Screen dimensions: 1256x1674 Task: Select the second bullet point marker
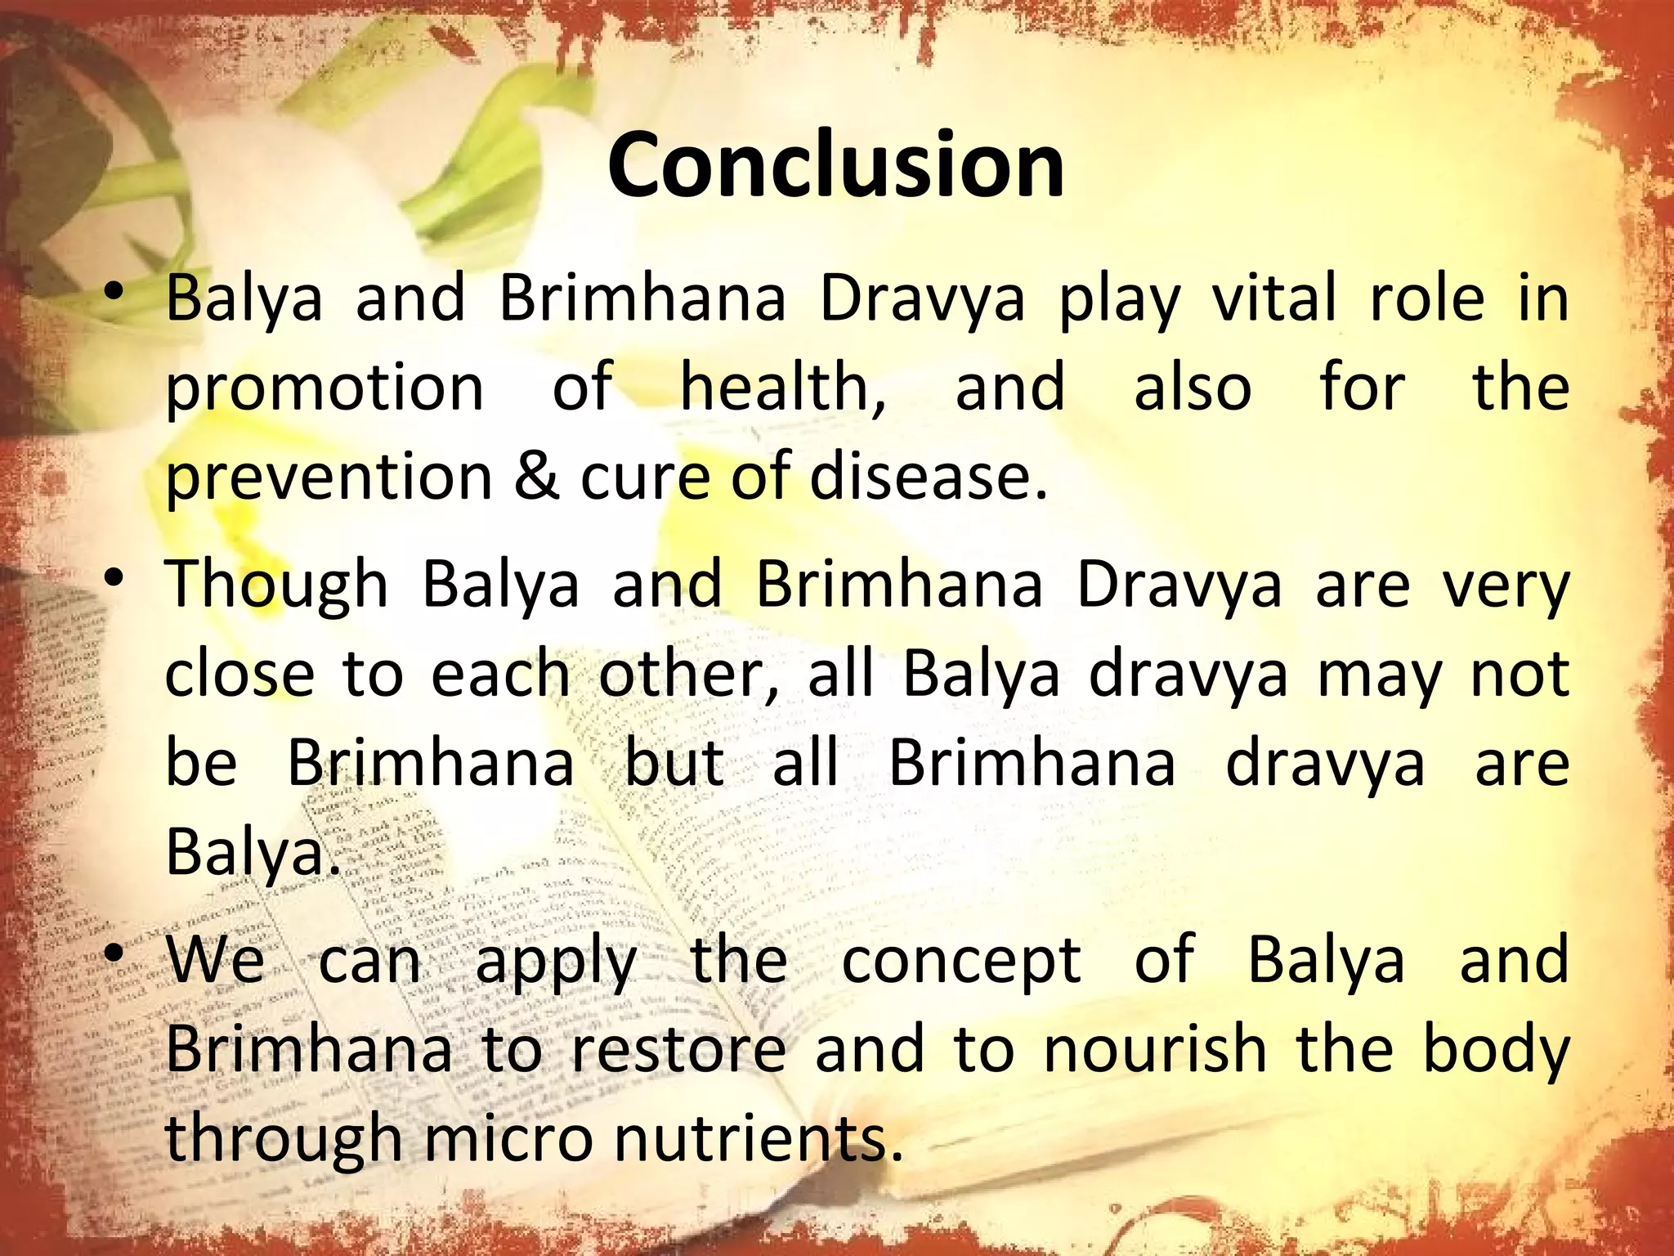pyautogui.click(x=115, y=579)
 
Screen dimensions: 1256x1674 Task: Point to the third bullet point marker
pyautogui.click(x=115, y=953)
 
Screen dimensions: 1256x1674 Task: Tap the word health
pyautogui.click(x=782, y=388)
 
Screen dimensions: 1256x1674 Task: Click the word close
pyautogui.click(x=239, y=675)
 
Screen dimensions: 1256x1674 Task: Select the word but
pyautogui.click(x=674, y=763)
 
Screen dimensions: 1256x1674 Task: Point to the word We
pyautogui.click(x=216, y=960)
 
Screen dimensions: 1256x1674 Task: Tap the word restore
pyautogui.click(x=678, y=1050)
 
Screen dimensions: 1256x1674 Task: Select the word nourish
pyautogui.click(x=1155, y=1050)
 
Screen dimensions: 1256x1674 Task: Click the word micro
pyautogui.click(x=508, y=1138)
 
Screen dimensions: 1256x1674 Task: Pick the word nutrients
pyautogui.click(x=758, y=1138)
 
